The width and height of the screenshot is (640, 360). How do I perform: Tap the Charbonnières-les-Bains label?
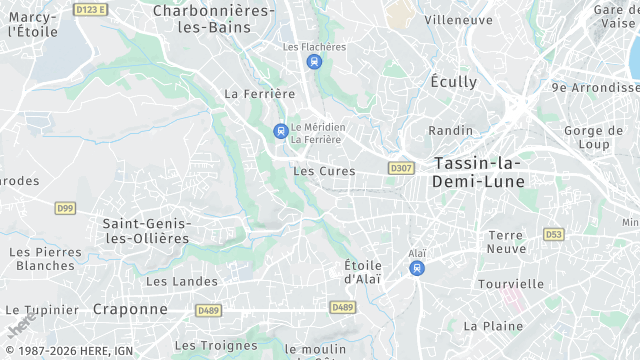click(x=213, y=18)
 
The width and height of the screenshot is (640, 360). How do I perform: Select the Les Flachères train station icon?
click(x=314, y=62)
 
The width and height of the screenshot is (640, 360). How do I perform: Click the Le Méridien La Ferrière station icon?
click(x=280, y=131)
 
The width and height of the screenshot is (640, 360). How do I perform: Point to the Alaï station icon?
click(x=417, y=268)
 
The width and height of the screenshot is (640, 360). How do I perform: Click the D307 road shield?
click(x=401, y=168)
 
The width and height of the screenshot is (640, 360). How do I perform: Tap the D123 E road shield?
click(x=90, y=9)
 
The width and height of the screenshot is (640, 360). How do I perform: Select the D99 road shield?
click(x=65, y=208)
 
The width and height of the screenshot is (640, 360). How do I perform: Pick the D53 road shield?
click(x=553, y=234)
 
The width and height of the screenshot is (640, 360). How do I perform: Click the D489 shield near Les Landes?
click(x=208, y=310)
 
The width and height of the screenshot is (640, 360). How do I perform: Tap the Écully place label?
click(x=454, y=81)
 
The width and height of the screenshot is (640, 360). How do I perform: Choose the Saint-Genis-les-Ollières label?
click(x=146, y=230)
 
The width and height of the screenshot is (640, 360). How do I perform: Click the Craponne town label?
click(x=130, y=309)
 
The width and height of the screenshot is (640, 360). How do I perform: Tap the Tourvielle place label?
click(x=511, y=284)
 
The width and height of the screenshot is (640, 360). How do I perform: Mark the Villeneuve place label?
click(x=458, y=20)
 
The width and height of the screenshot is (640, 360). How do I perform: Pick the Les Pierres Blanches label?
click(x=46, y=258)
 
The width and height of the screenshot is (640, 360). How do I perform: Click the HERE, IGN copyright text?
click(x=67, y=352)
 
